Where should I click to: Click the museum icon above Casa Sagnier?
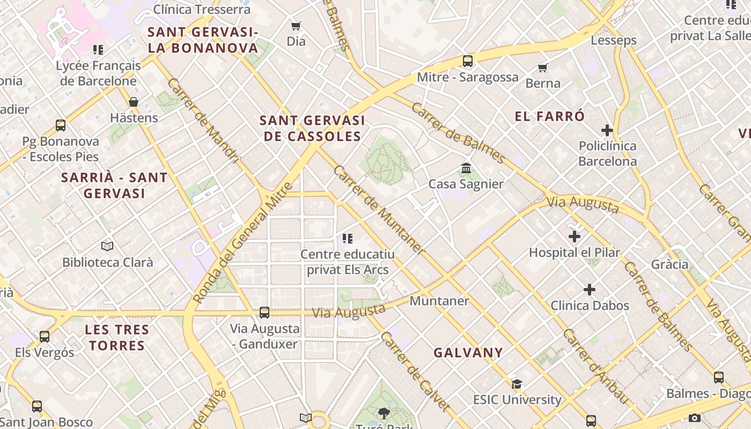coord(466,168)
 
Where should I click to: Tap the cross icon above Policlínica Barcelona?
coord(607,130)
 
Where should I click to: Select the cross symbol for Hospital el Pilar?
coord(575,236)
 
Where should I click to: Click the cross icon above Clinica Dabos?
coord(590,290)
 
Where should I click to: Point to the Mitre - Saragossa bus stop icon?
coord(468,61)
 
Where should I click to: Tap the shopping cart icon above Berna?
coord(542,68)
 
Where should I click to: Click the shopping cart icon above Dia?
coord(296,26)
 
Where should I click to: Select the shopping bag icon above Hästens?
coord(134,102)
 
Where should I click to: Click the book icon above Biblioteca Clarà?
coord(107,247)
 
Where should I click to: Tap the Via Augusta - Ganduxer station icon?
coord(264,312)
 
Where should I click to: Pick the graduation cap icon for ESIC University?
coord(517,384)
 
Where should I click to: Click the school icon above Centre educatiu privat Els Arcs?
coord(347,239)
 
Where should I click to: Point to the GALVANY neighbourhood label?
coord(468,353)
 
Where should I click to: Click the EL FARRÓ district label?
coord(549,116)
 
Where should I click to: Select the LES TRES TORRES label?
coord(117,337)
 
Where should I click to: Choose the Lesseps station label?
coord(613,40)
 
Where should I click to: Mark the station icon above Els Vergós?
coord(45,337)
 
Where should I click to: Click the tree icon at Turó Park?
coord(384,413)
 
